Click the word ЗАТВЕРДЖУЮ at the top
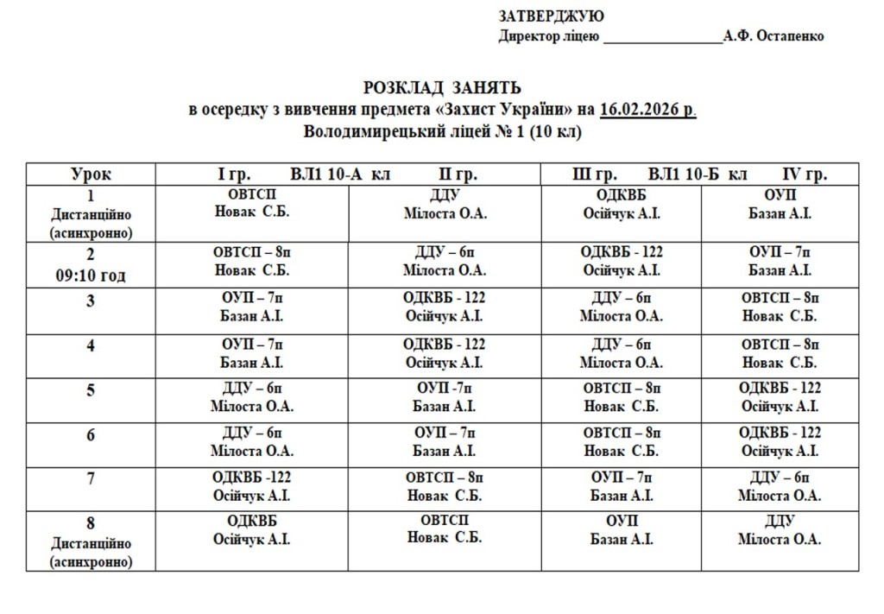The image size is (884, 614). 551,16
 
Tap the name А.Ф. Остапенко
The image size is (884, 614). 774,36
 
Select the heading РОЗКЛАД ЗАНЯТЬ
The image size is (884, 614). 442,88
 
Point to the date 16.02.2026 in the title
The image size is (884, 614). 647,111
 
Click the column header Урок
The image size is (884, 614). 91,174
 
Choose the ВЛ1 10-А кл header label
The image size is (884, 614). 340,174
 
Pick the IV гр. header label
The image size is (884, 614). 805,174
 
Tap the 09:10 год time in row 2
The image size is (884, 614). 91,276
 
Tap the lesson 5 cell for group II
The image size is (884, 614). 445,397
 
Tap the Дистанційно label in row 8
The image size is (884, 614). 91,544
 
